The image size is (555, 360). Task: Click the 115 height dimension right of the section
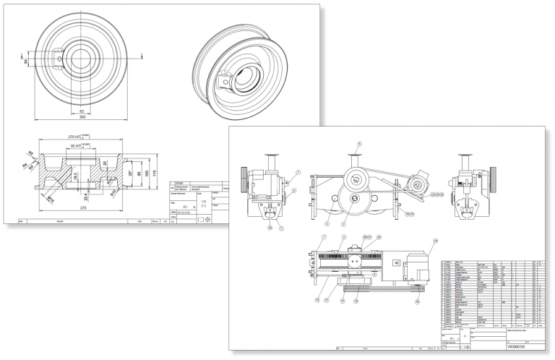point(155,173)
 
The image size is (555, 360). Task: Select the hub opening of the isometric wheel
point(248,78)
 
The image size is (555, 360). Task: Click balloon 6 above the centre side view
point(357,145)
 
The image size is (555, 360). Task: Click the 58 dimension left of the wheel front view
point(27,63)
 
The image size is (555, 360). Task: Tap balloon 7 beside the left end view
point(297,173)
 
